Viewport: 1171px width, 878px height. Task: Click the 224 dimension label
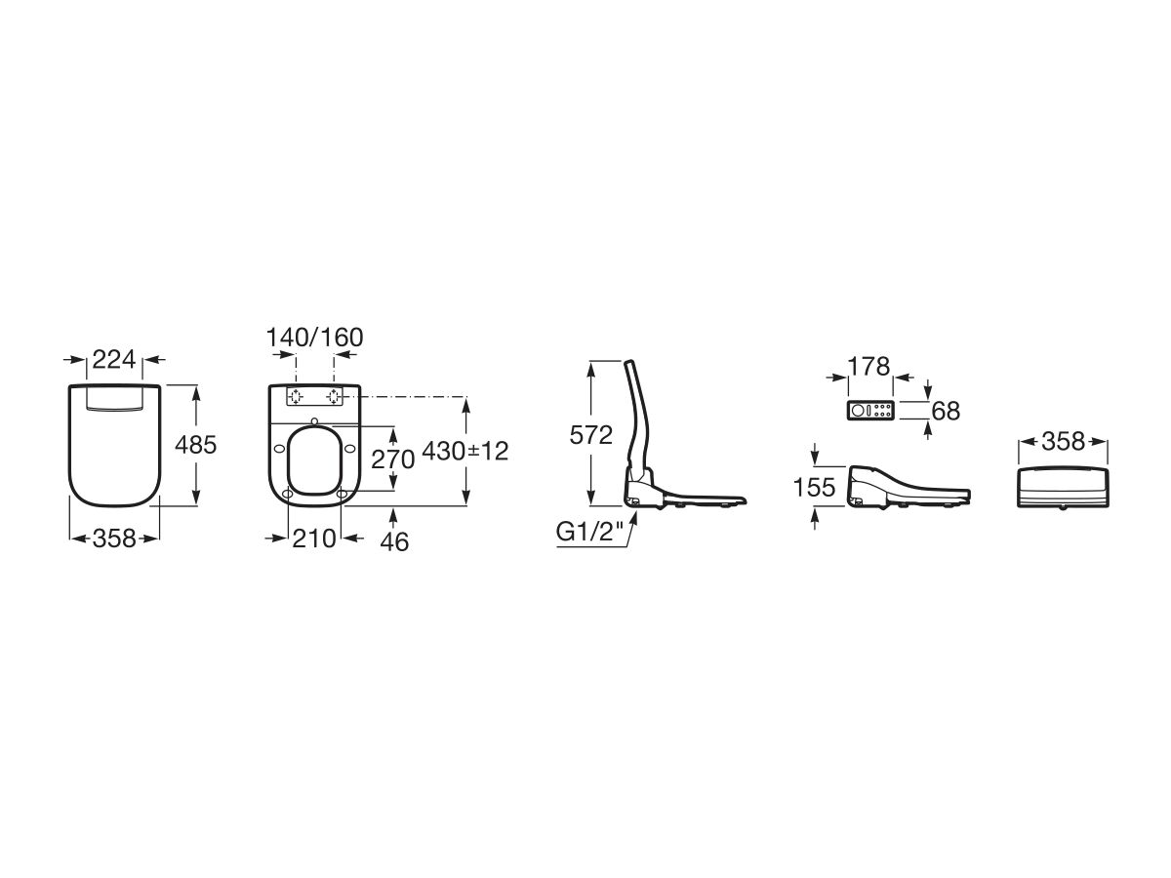coord(113,360)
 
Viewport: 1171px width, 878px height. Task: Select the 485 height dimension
coord(195,445)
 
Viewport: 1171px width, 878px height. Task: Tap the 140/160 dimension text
coord(314,338)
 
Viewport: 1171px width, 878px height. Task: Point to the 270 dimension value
coord(392,459)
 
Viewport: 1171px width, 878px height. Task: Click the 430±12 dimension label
coord(465,452)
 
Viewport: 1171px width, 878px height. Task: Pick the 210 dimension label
coord(314,539)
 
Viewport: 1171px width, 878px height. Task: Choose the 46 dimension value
coord(394,542)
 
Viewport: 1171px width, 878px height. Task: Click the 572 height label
coord(590,435)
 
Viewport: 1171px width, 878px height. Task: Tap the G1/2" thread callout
coord(589,532)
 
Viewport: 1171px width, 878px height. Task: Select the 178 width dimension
coord(869,366)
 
